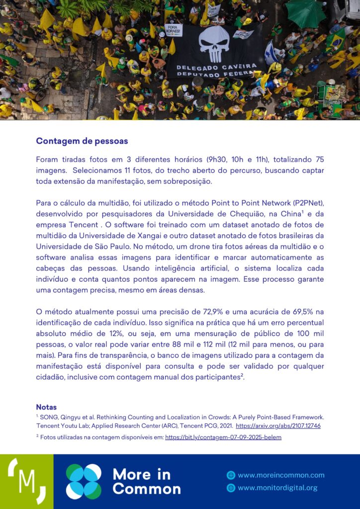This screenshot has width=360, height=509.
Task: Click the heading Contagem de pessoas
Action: coord(82,141)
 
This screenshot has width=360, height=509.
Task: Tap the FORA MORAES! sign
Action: coord(173,29)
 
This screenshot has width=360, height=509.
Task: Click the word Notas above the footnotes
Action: coord(46,407)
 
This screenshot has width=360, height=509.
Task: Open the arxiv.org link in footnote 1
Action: coord(278,426)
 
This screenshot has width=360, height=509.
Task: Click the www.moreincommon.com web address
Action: coord(281,475)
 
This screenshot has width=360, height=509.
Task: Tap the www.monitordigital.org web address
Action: coord(277,488)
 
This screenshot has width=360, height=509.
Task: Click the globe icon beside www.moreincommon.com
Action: coord(231,475)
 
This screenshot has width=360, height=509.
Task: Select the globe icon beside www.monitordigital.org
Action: coord(231,488)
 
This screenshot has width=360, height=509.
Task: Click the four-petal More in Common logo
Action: coord(84,481)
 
